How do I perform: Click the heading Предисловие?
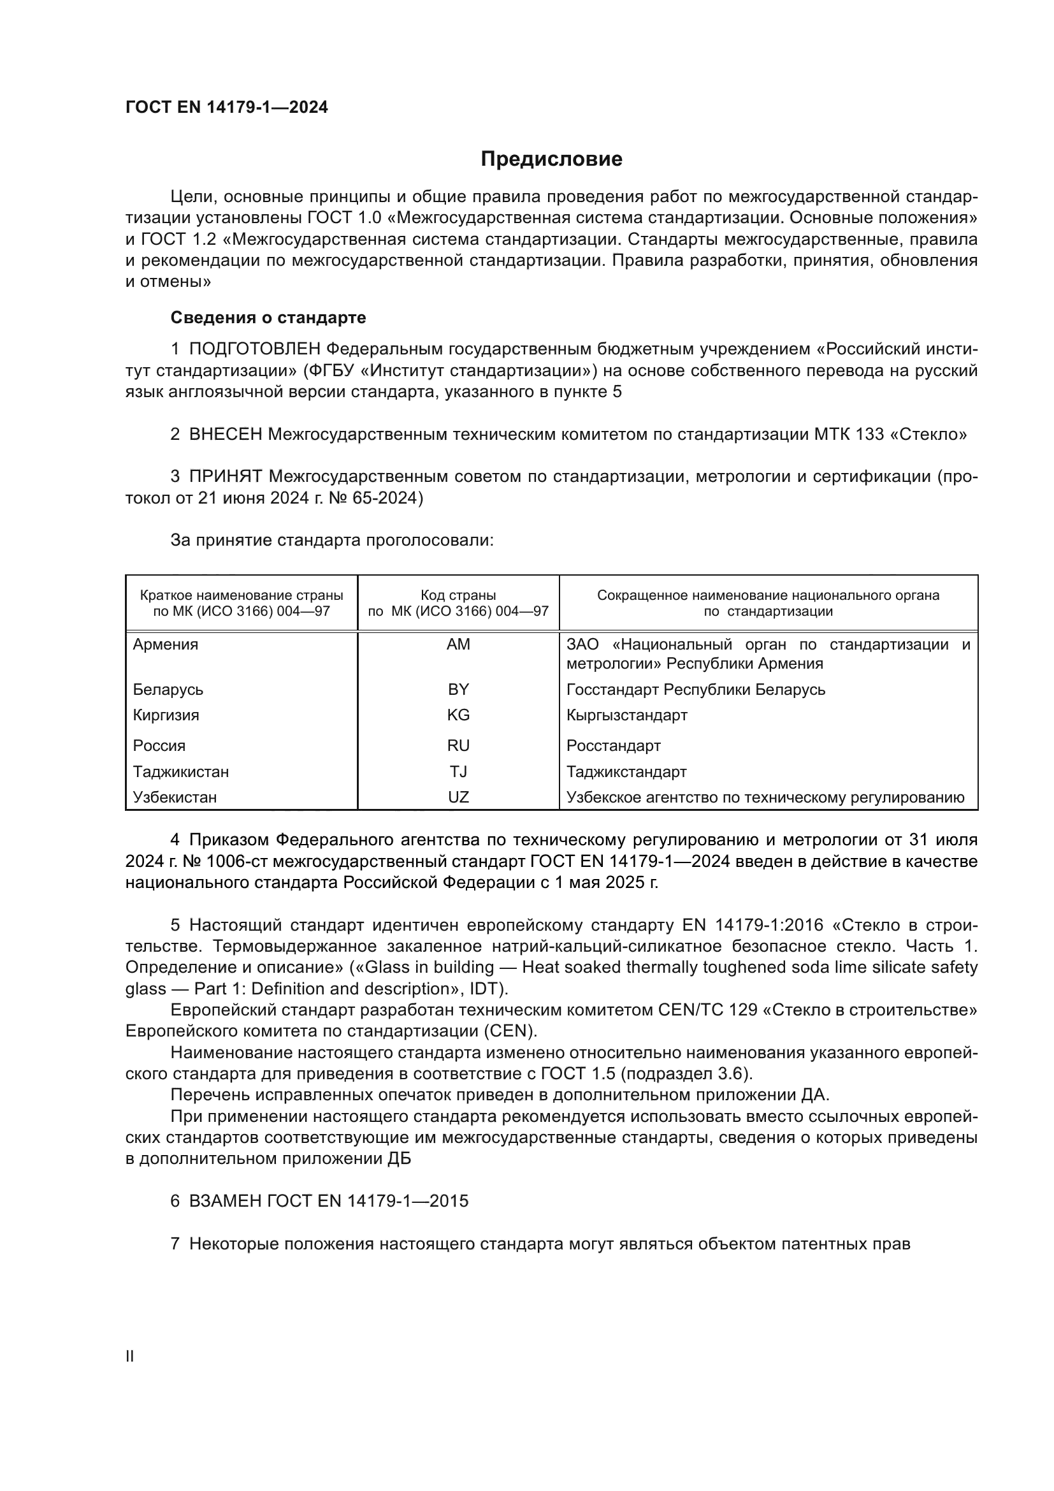(x=551, y=159)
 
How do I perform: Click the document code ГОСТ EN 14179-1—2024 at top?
(x=226, y=108)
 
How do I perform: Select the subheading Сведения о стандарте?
(x=268, y=317)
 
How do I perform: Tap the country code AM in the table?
(x=458, y=644)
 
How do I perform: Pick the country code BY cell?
(x=458, y=689)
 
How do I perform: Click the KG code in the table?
(x=458, y=715)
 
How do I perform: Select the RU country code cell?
(x=458, y=746)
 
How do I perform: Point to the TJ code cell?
(x=458, y=771)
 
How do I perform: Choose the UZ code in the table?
(x=458, y=797)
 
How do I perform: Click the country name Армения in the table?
(x=166, y=644)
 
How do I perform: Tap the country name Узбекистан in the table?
(x=175, y=797)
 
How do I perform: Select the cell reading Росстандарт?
(x=613, y=746)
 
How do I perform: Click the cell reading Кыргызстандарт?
(x=626, y=715)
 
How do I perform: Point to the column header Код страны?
(x=458, y=595)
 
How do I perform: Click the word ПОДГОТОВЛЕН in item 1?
(x=254, y=349)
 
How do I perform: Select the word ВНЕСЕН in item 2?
(x=225, y=435)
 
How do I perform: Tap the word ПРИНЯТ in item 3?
(x=225, y=477)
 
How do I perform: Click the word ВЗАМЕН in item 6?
(x=225, y=1201)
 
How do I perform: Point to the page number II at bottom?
(x=130, y=1356)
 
